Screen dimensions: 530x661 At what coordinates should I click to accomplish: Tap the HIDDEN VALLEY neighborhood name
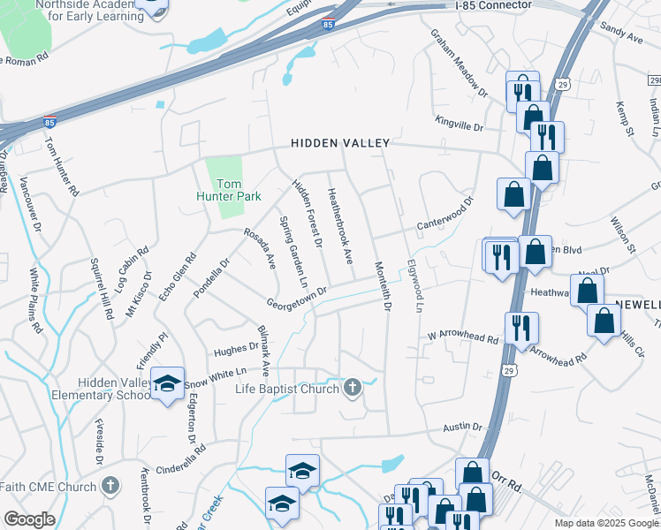coord(340,143)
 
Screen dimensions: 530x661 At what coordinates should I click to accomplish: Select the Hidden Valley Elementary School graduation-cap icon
coord(166,383)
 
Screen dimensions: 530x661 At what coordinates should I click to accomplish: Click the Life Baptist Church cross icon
coord(352,388)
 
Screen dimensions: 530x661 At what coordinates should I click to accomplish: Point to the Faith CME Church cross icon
coord(110,486)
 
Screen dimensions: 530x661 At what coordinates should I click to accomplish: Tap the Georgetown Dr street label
coord(298,296)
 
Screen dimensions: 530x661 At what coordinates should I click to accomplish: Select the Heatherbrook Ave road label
coord(340,228)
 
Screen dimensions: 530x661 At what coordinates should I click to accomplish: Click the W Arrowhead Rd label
coord(463,337)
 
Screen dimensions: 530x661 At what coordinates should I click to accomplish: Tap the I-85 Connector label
coord(494,5)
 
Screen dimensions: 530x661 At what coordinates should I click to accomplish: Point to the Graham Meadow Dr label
coord(459,61)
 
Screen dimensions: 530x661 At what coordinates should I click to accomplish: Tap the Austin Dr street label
coord(461,427)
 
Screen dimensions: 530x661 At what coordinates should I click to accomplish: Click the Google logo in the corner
coord(29,519)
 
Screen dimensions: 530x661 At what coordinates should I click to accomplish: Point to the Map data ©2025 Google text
coord(605,523)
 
